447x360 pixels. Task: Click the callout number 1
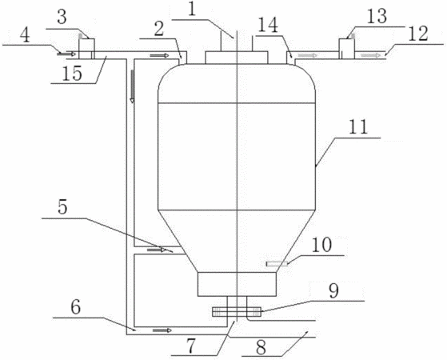click(x=193, y=9)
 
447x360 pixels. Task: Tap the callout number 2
click(x=159, y=29)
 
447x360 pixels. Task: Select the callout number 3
click(x=62, y=17)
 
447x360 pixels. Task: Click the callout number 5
click(x=62, y=207)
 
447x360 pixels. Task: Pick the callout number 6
click(x=75, y=307)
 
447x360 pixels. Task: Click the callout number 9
click(x=333, y=291)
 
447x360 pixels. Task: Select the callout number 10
click(x=321, y=245)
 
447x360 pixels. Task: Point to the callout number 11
click(x=358, y=127)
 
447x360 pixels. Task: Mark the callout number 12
click(x=418, y=34)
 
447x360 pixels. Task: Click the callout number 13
click(x=377, y=16)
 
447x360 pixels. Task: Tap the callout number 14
click(x=268, y=26)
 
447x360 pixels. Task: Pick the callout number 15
click(x=72, y=74)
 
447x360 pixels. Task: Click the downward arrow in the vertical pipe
click(x=132, y=86)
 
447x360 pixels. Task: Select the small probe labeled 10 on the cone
click(x=277, y=264)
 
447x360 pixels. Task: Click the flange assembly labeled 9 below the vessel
click(x=237, y=312)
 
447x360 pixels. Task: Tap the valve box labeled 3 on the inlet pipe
click(x=86, y=49)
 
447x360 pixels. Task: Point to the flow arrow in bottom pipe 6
click(x=162, y=330)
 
